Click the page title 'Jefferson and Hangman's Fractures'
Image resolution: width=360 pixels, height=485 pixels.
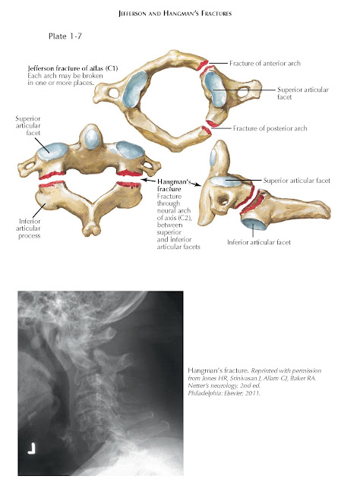pyautogui.click(x=175, y=14)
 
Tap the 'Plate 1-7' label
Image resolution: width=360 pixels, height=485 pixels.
pyautogui.click(x=65, y=36)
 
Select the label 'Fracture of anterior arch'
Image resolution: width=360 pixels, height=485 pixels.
pyautogui.click(x=265, y=64)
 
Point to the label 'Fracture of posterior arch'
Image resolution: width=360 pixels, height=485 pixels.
pyautogui.click(x=270, y=128)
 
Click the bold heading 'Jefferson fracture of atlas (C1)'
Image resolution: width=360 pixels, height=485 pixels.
pyautogui.click(x=73, y=68)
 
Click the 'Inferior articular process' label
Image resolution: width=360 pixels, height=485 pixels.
pyautogui.click(x=28, y=228)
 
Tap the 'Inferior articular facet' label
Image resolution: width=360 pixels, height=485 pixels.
pyautogui.click(x=259, y=242)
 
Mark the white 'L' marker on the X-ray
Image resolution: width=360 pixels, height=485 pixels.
pyautogui.click(x=32, y=449)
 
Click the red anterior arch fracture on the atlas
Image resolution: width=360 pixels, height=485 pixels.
pyautogui.click(x=203, y=65)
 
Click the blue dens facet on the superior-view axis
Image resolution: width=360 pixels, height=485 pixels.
pyautogui.click(x=91, y=139)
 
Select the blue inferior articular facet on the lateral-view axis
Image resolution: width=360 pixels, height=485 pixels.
pyautogui.click(x=254, y=223)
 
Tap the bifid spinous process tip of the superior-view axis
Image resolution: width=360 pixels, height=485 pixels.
pyautogui.click(x=92, y=230)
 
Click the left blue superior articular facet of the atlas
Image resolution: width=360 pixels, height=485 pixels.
pyautogui.click(x=135, y=89)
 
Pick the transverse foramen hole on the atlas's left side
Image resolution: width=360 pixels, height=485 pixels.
pyautogui.click(x=114, y=92)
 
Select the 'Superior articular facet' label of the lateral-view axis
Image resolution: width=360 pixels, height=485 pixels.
pyautogui.click(x=297, y=181)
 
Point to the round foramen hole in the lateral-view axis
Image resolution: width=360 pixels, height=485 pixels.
pyautogui.click(x=223, y=201)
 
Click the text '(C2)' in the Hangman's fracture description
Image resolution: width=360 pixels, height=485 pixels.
pyautogui.click(x=185, y=218)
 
